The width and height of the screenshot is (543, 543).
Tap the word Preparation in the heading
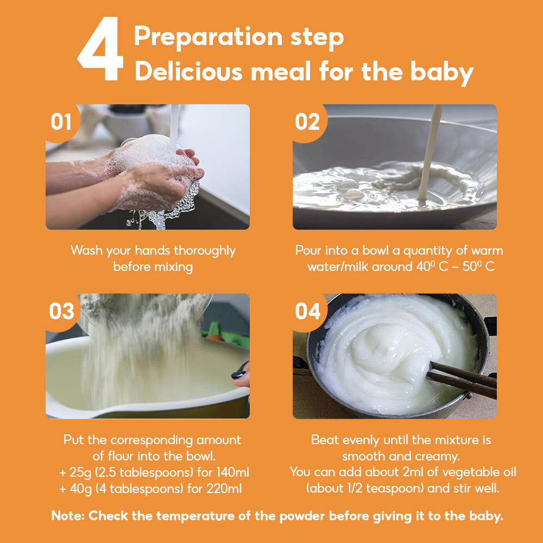(x=208, y=37)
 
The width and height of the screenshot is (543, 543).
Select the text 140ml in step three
(x=233, y=472)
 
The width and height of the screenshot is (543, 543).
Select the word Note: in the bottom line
(x=68, y=516)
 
